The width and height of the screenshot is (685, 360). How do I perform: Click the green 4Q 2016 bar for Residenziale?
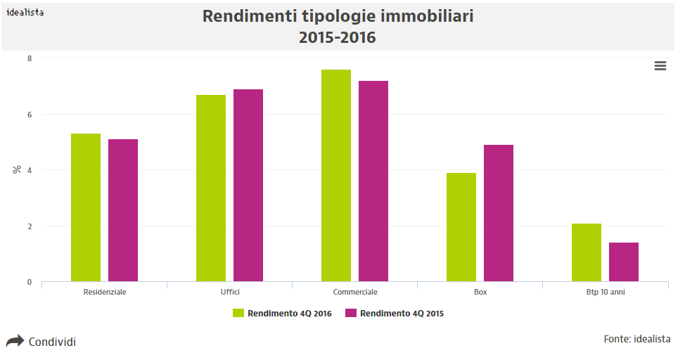coord(86,207)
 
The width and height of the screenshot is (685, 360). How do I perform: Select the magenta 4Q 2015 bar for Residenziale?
coord(123,210)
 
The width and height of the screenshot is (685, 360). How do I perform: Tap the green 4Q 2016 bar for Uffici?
coord(211,188)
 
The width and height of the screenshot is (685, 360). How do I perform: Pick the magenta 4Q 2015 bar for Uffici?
coord(248,186)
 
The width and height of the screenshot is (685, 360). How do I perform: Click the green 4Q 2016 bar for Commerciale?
coord(336,176)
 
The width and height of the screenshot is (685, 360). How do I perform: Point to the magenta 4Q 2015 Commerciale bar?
coord(373,181)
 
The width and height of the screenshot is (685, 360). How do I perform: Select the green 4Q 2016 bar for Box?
coord(461,227)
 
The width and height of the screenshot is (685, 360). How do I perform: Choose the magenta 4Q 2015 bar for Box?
coord(499,213)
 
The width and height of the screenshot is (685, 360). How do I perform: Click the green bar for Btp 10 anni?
coord(587,252)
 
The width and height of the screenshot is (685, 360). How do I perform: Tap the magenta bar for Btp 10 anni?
coord(624,262)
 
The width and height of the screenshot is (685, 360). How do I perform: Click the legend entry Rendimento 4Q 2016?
coord(282,314)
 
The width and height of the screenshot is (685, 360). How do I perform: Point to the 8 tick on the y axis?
coord(29,58)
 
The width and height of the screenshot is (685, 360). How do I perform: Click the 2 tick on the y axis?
coord(29,226)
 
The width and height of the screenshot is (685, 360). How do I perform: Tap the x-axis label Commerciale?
coord(355,292)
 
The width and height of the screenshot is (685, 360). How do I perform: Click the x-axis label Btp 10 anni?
coord(606,292)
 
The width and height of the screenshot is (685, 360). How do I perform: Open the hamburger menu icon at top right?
coord(660,65)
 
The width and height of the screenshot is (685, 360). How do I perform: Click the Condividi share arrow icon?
coord(15,342)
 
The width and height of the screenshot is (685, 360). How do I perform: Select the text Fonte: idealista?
coord(636,340)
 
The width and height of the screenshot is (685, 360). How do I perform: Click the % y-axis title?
coord(17,169)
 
